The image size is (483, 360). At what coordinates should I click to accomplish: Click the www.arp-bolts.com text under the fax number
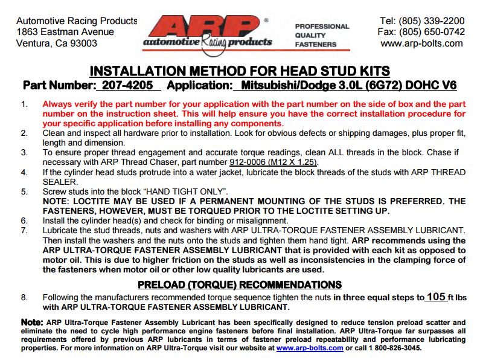click(x=422, y=43)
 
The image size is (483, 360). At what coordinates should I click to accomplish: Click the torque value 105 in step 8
click(x=435, y=297)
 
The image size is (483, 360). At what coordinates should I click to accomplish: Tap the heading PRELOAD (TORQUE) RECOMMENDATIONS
click(x=240, y=284)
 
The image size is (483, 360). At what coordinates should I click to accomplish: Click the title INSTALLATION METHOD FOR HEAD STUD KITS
click(x=240, y=71)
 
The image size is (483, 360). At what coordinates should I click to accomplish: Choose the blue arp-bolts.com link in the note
click(x=310, y=349)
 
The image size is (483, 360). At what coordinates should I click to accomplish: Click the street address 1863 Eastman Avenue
click(x=65, y=32)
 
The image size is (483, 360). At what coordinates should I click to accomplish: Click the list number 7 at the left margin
click(x=24, y=230)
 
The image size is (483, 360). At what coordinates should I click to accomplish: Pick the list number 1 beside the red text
click(x=24, y=104)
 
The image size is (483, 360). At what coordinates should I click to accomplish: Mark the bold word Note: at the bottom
click(x=31, y=322)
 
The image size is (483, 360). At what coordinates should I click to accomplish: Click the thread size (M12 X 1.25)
click(x=299, y=162)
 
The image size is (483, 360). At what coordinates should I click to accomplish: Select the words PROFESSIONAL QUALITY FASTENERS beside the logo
click(x=322, y=35)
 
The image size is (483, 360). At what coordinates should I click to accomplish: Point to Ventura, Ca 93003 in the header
click(x=57, y=43)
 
